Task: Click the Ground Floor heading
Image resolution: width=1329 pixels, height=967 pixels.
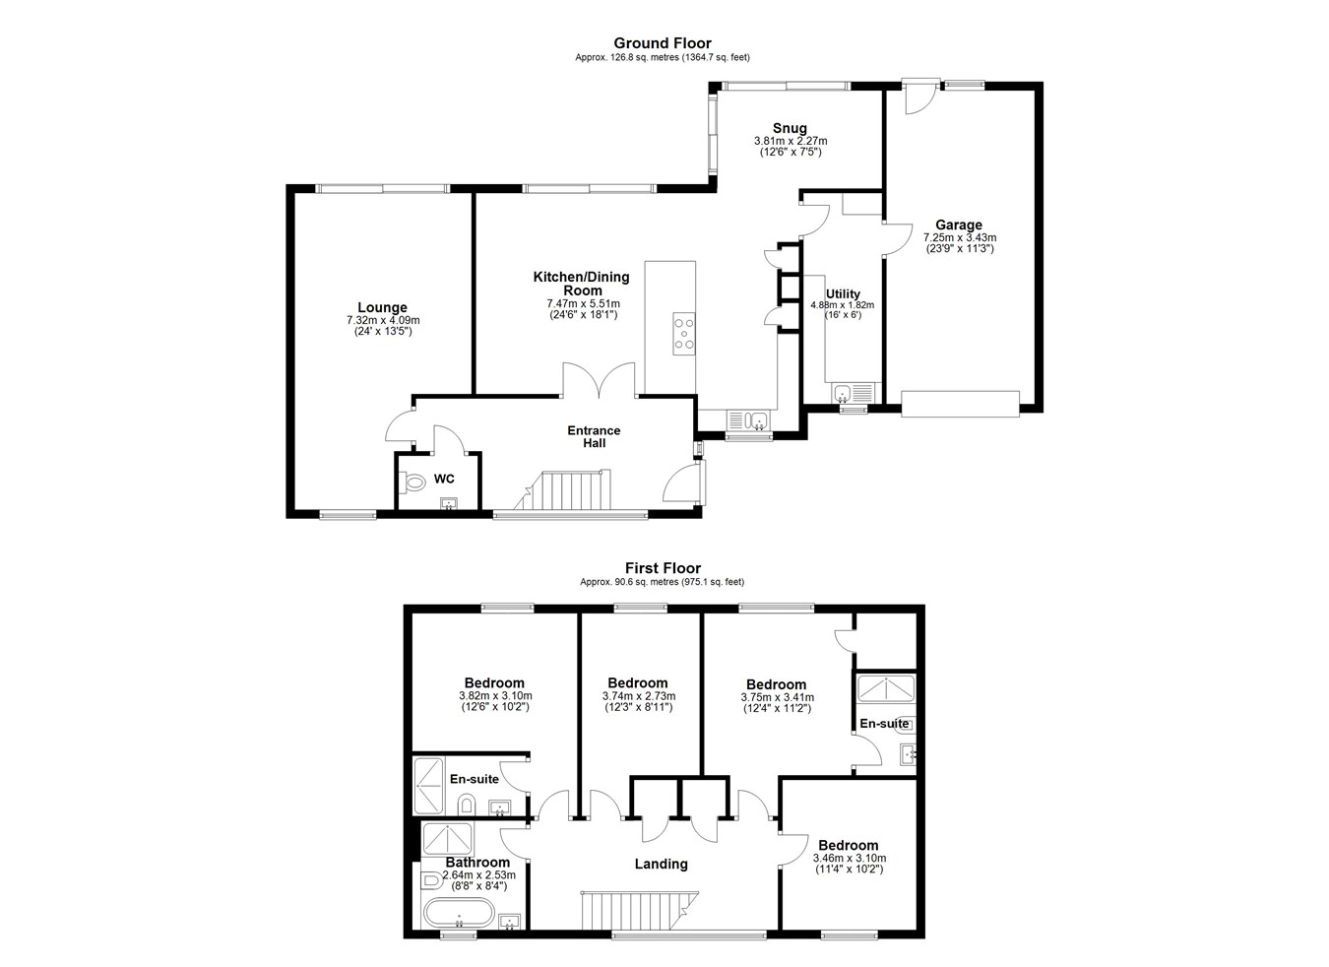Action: (x=663, y=43)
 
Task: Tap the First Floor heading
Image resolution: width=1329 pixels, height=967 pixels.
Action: (x=663, y=568)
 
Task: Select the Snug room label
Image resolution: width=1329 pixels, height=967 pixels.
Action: (x=790, y=128)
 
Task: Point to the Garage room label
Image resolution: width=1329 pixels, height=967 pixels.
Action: (x=959, y=225)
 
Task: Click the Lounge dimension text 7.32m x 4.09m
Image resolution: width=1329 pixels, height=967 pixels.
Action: (x=383, y=320)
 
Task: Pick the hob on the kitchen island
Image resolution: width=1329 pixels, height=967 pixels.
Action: (x=684, y=334)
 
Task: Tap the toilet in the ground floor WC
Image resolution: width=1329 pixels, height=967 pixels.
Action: (x=412, y=482)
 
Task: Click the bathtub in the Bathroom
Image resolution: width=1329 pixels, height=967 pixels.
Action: (x=459, y=913)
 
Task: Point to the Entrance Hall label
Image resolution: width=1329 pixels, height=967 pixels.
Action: (x=594, y=437)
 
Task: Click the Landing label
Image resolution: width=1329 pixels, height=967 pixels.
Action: (x=661, y=865)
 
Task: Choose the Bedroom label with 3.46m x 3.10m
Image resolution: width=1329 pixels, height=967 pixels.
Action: (x=849, y=845)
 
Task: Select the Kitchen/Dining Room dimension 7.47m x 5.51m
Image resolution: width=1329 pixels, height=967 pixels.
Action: (x=583, y=304)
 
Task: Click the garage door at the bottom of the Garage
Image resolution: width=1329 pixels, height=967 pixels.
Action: (x=961, y=404)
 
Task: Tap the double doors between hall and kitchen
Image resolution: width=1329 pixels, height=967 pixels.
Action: (x=600, y=380)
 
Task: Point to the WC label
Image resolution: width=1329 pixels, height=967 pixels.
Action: (x=444, y=479)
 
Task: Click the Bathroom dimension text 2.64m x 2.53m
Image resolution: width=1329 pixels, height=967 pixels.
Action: (x=478, y=875)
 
